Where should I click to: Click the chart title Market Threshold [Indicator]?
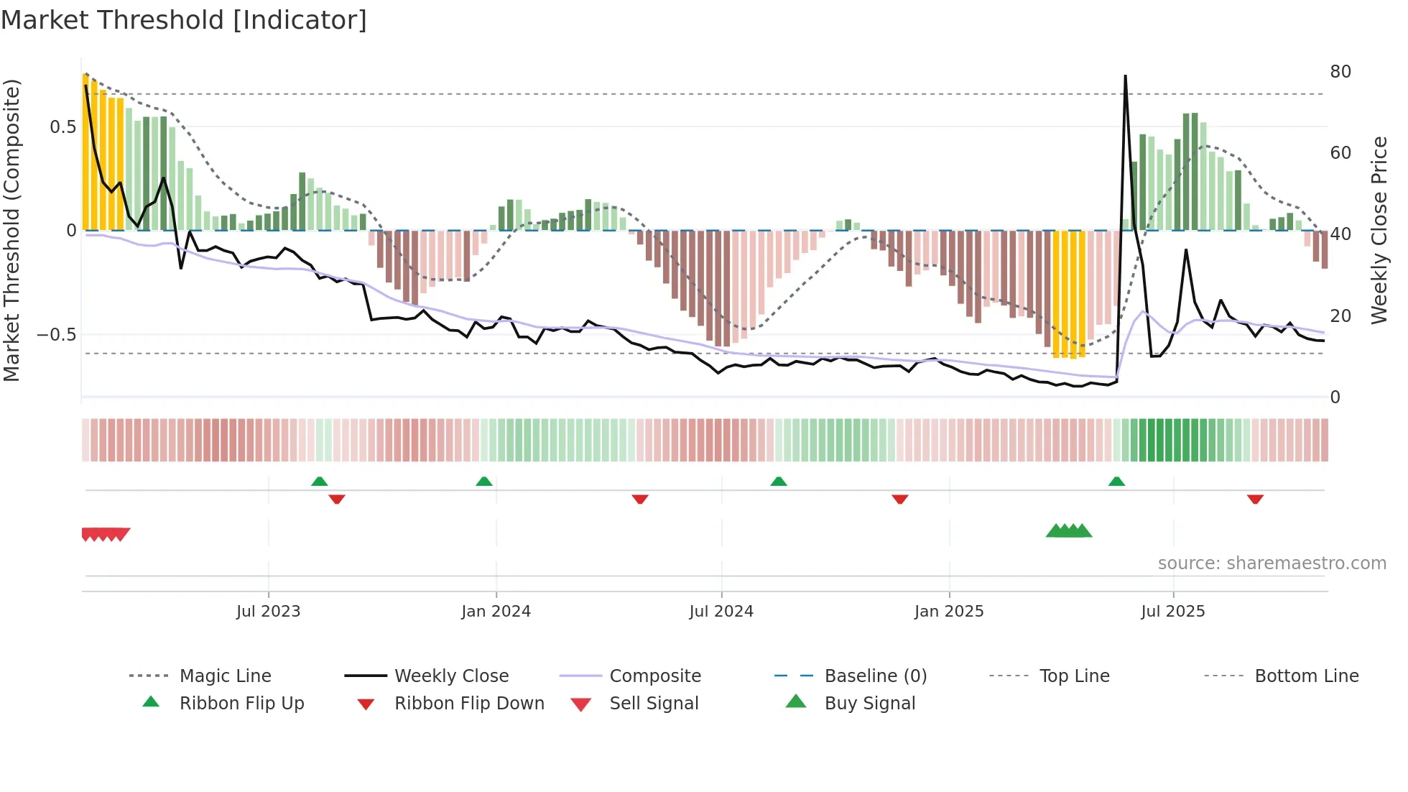point(184,20)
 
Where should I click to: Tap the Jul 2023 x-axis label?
point(268,612)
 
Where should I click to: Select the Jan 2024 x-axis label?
point(496,612)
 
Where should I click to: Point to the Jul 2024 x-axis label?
point(721,612)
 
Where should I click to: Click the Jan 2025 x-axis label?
point(949,612)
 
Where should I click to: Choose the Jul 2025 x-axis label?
point(1173,612)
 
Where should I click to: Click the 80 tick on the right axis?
point(1340,72)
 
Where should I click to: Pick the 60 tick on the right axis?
point(1340,153)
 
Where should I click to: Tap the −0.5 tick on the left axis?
point(56,335)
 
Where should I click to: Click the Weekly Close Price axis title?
point(1379,230)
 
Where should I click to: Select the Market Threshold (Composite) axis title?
point(11,230)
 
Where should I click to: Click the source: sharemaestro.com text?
point(1272,563)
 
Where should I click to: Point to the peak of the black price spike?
point(1125,76)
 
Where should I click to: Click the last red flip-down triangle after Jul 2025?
point(1255,499)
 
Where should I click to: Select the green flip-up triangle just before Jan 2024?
point(484,482)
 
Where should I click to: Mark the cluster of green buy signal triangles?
point(1069,531)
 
